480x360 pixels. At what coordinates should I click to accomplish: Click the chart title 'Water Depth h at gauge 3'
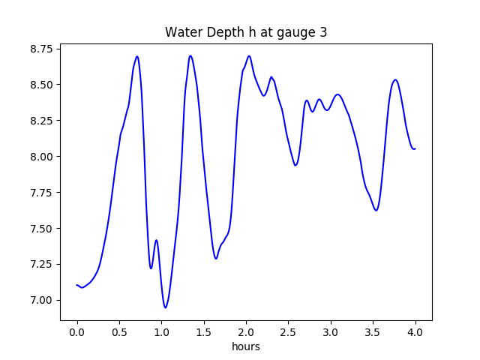coord(246,32)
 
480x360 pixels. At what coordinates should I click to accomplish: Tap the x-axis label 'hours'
coord(246,346)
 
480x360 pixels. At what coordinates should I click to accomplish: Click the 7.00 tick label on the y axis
coord(43,300)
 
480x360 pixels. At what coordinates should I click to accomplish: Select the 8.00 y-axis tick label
coord(43,157)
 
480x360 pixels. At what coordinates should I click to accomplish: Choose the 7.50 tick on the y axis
coord(43,229)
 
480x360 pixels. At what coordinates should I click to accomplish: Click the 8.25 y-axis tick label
coord(43,121)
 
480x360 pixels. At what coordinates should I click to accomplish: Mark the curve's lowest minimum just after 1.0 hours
coord(166,307)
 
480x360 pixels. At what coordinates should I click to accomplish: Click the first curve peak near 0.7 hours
coord(137,56)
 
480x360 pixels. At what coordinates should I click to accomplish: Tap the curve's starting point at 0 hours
coord(77,285)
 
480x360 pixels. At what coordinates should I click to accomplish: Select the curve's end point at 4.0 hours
coord(415,148)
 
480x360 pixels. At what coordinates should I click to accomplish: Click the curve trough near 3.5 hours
coord(376,210)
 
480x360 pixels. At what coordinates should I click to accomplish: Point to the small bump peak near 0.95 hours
coord(157,240)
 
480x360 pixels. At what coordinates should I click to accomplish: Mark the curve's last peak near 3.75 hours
coord(395,79)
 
